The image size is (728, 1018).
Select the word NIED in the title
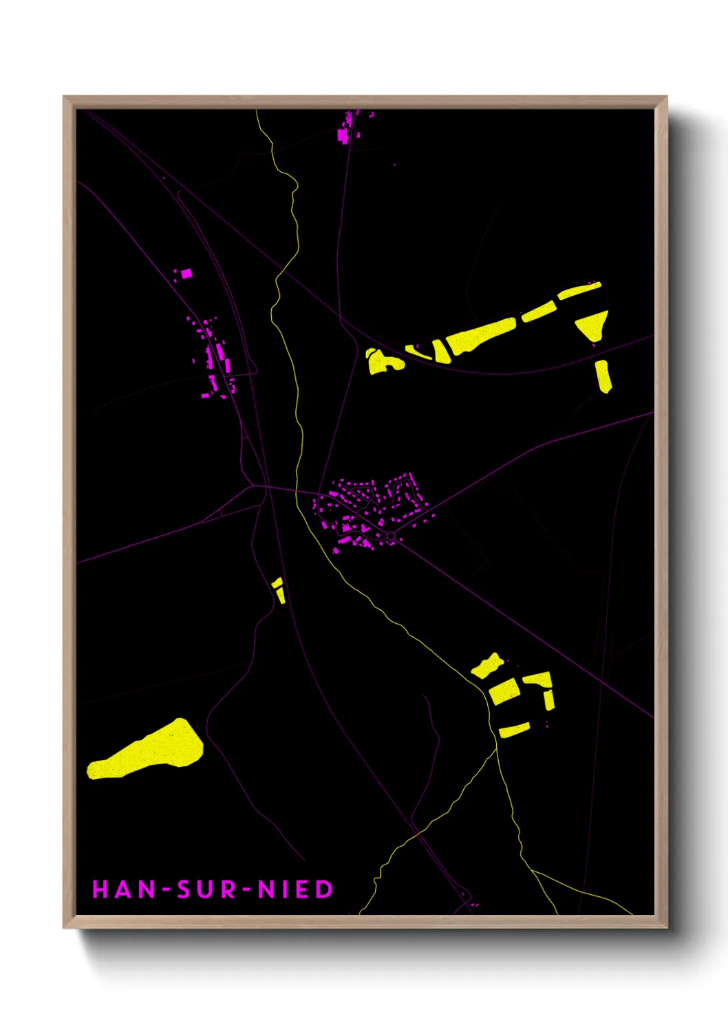point(295,889)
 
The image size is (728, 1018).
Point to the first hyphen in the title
point(166,890)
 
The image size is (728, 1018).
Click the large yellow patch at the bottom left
point(148,750)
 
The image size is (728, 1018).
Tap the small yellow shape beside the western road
point(279,590)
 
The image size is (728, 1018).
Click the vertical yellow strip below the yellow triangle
point(603,376)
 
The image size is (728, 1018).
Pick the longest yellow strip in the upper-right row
point(482,335)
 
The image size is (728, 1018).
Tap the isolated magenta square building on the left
point(186,274)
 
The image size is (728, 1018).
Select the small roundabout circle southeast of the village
point(391,536)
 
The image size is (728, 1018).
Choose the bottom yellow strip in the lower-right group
point(514,730)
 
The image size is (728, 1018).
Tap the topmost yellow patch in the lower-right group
point(487,666)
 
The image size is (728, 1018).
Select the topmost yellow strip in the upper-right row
point(579,290)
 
